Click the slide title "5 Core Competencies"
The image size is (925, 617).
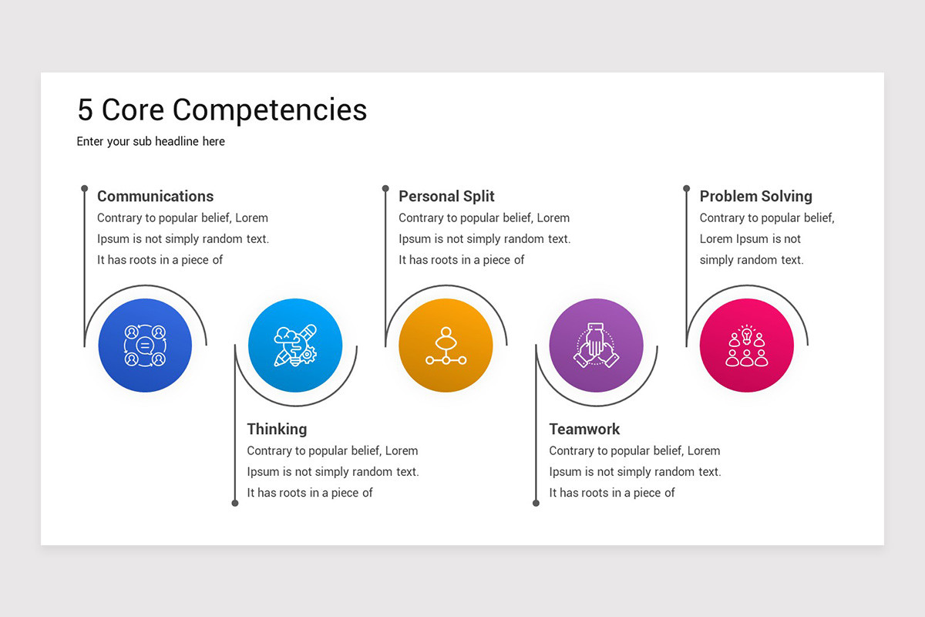[222, 110]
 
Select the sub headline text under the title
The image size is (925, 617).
[151, 142]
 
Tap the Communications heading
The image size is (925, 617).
[155, 197]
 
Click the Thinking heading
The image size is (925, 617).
[277, 430]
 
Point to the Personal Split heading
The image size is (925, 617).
[446, 197]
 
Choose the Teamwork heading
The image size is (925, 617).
[584, 430]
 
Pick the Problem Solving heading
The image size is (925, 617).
[755, 197]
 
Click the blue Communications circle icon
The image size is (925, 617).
[145, 346]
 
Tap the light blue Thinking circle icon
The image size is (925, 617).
[295, 346]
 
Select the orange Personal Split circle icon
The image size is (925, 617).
[446, 346]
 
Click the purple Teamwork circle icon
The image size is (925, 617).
[596, 346]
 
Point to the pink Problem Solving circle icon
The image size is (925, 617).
[746, 346]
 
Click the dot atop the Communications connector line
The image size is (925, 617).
[84, 188]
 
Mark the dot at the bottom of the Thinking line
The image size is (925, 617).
[235, 503]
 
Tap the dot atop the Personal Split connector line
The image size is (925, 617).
[385, 188]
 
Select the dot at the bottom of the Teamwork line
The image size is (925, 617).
[536, 503]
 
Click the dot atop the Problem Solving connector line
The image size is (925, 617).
[686, 188]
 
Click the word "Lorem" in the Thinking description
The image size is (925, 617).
[402, 450]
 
